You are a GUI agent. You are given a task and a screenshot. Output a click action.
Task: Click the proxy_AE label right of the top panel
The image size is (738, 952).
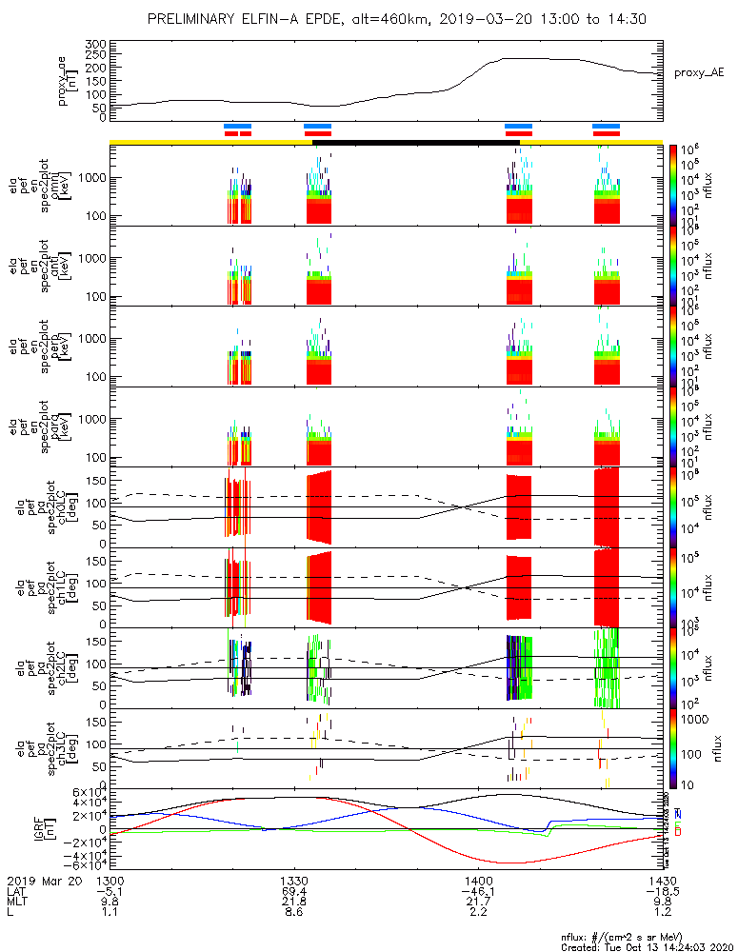pos(697,72)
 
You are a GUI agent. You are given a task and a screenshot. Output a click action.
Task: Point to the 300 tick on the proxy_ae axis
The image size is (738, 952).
pos(93,45)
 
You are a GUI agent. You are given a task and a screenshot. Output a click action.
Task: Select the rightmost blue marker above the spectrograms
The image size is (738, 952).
pos(606,126)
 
